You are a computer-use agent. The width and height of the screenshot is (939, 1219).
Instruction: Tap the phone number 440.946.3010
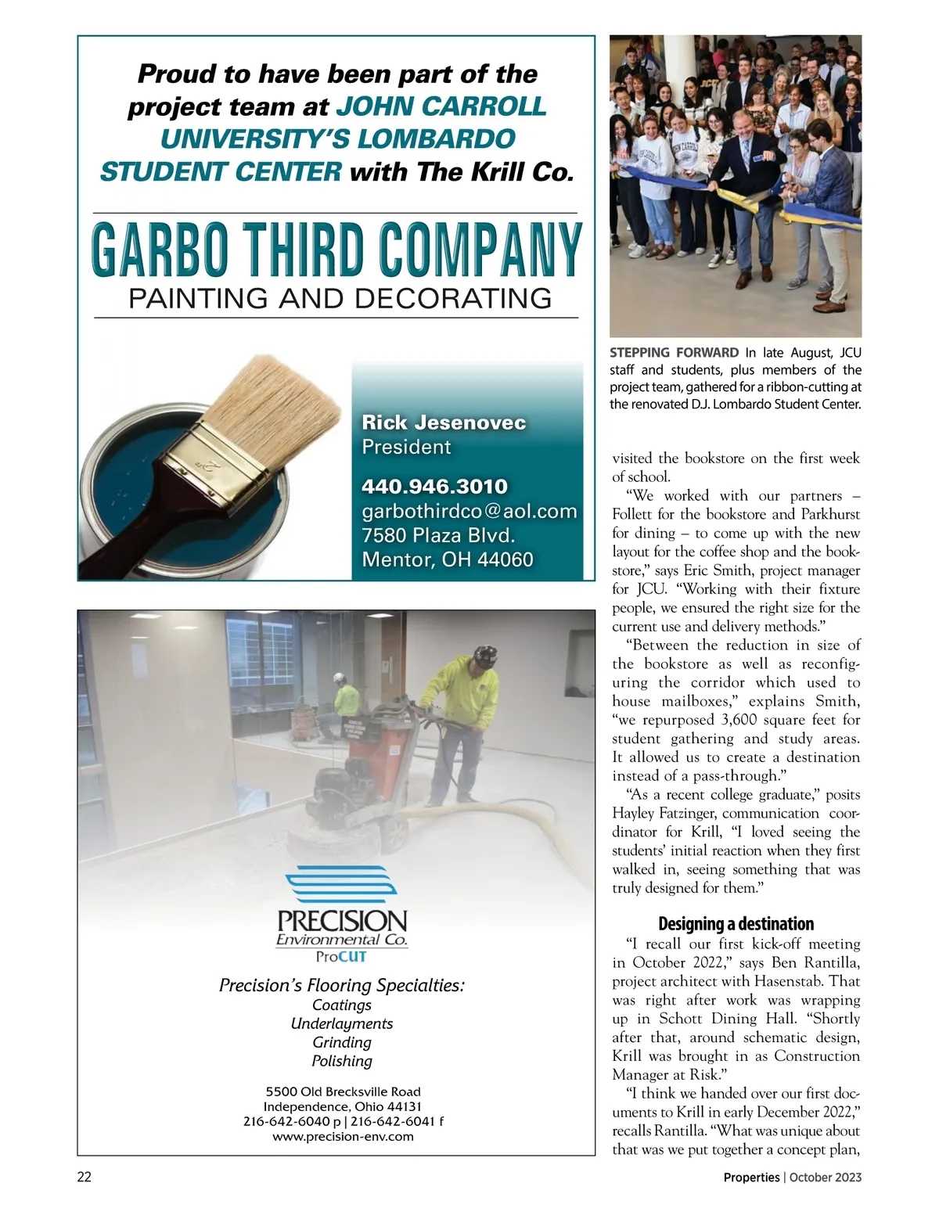434,486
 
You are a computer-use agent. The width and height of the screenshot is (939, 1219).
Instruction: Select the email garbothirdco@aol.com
469,511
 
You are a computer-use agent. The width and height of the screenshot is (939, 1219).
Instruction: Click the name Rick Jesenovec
444,423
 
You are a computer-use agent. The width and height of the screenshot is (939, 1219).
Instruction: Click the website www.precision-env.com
343,1136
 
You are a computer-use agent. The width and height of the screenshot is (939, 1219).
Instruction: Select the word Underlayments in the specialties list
342,1023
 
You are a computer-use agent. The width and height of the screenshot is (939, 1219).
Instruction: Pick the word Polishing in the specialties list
342,1061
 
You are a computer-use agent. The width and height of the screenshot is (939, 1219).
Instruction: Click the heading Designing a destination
736,923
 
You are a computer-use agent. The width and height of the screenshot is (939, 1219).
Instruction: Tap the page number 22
85,1177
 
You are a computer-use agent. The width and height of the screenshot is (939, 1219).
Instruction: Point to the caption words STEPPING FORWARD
674,353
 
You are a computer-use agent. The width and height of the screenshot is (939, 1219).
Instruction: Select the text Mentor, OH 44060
447,559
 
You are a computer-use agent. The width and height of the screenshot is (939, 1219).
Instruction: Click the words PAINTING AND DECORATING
340,298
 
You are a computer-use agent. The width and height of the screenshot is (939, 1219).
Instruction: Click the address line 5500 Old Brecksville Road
343,1091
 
